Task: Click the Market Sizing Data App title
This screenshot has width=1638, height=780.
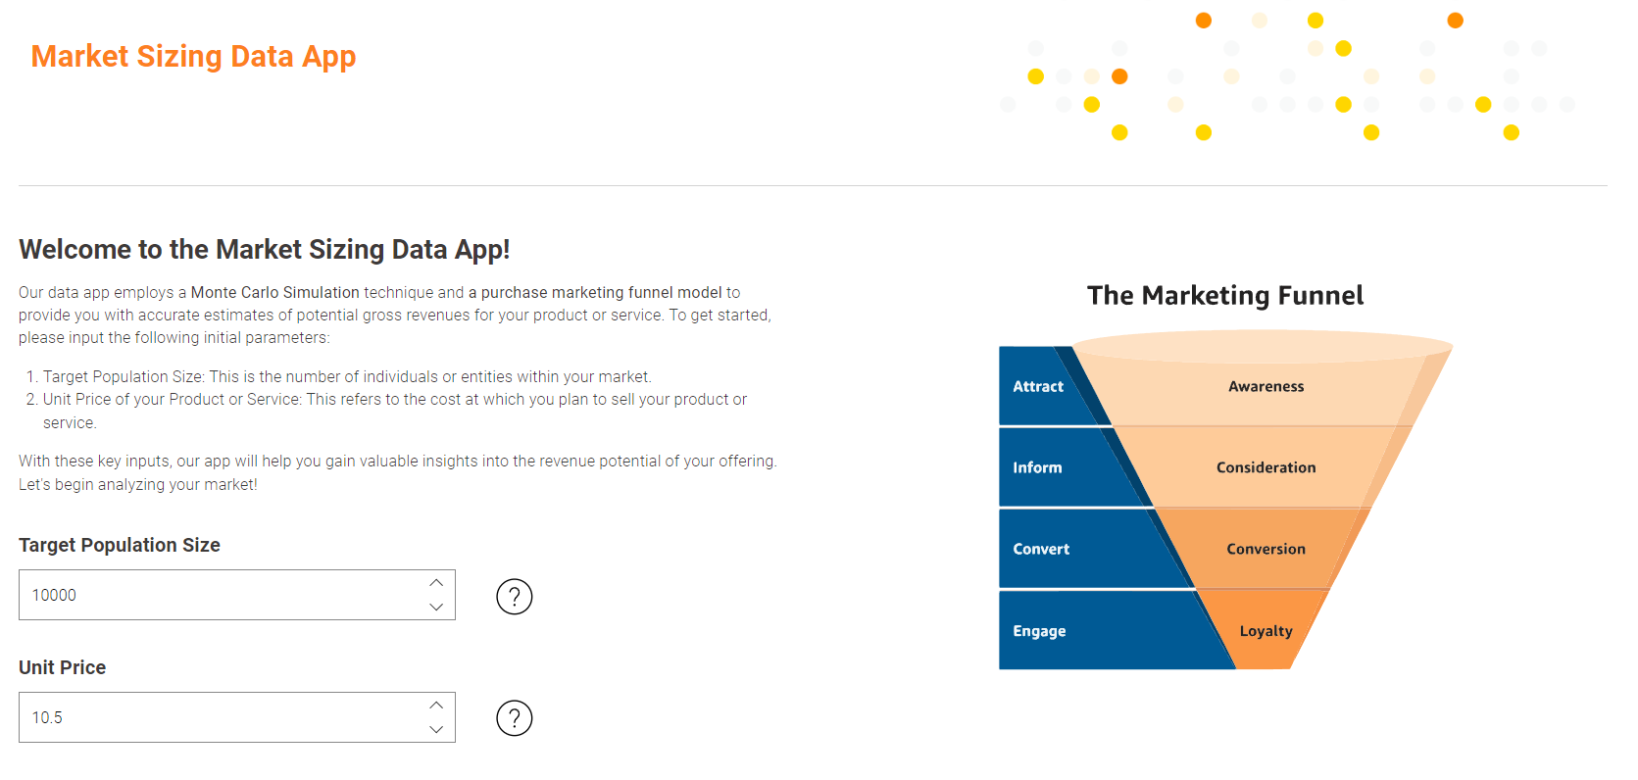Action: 193,57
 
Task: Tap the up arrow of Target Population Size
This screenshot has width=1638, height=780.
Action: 436,583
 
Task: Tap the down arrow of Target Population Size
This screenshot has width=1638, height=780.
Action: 436,607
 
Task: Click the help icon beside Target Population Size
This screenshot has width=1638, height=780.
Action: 514,597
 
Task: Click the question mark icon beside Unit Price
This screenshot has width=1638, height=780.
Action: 514,718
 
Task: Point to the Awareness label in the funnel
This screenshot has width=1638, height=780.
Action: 1266,387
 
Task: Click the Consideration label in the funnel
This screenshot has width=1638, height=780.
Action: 1266,467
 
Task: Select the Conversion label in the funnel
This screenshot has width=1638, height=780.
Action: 1266,549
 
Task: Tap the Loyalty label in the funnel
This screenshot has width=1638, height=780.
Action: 1266,631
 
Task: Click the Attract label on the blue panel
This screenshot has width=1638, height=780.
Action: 1038,387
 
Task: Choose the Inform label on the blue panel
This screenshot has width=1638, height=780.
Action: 1037,467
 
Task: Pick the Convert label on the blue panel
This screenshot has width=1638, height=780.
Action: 1041,549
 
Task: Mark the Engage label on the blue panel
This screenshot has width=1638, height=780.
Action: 1039,631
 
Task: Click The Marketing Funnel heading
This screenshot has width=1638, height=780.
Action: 1225,295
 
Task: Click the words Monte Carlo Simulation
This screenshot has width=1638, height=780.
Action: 274,292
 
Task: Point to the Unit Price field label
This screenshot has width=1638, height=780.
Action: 62,667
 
